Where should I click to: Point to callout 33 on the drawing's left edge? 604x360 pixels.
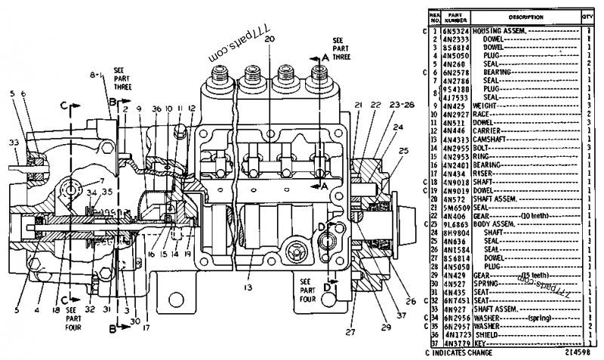(x=14, y=141)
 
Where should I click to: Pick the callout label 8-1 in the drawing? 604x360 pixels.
(x=95, y=75)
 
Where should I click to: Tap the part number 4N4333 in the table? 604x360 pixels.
(x=459, y=140)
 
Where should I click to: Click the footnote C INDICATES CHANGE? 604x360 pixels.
(x=461, y=352)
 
